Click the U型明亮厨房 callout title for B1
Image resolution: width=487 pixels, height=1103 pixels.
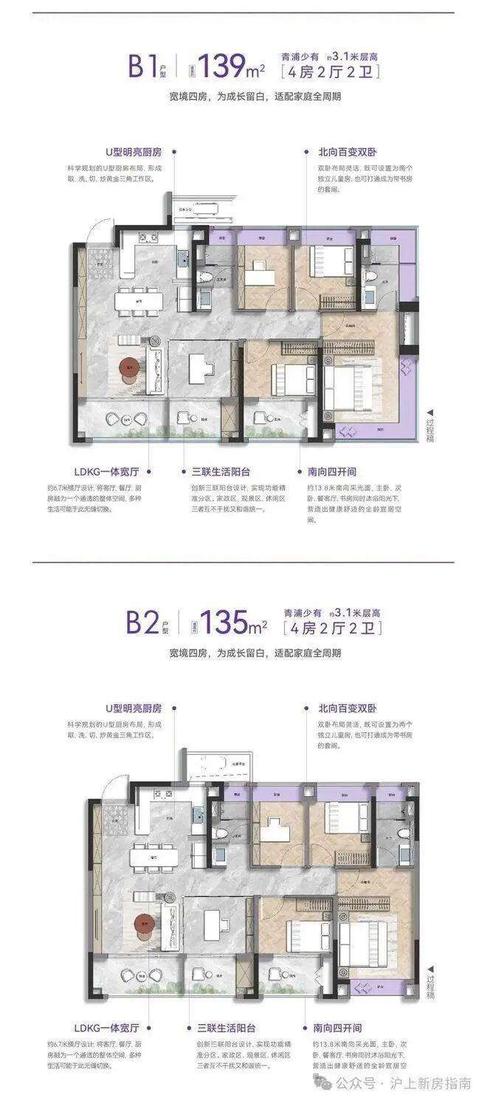pyautogui.click(x=132, y=152)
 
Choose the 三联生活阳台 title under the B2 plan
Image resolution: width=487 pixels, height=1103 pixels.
pyautogui.click(x=221, y=1027)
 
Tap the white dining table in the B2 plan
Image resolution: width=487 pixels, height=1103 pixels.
pyautogui.click(x=153, y=857)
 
